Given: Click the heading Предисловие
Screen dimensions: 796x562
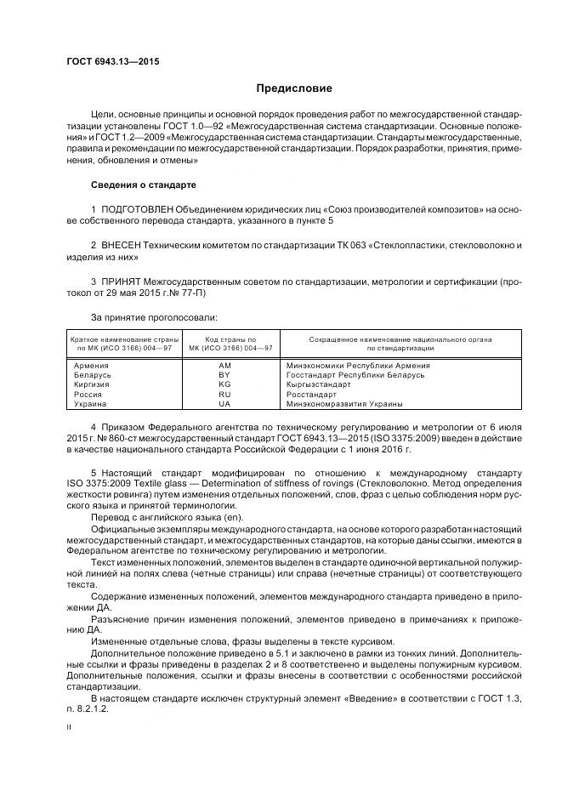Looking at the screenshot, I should [x=294, y=88].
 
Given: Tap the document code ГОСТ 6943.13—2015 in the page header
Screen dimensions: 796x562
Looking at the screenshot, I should [x=112, y=61].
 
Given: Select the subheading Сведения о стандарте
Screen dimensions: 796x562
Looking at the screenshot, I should [x=143, y=185].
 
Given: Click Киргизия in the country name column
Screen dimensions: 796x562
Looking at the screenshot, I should [x=93, y=384].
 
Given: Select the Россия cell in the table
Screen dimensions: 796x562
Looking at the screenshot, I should [x=89, y=395].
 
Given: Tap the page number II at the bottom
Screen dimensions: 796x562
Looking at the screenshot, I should [x=69, y=728].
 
